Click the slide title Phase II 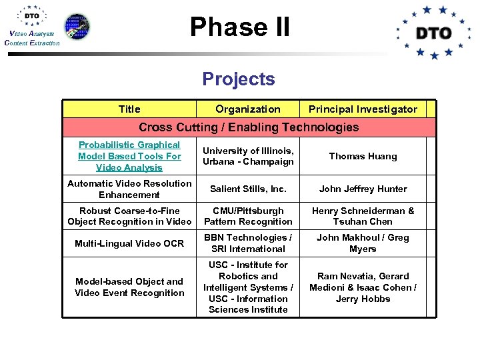240,27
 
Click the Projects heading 239,79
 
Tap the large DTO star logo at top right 433,32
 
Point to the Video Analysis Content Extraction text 31,38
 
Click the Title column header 129,109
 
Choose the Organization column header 248,109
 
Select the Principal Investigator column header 363,109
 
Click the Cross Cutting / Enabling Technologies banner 249,127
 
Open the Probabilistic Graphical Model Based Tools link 129,156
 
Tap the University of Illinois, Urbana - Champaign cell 248,156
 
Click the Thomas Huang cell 363,156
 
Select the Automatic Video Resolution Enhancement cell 129,189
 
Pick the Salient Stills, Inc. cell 248,189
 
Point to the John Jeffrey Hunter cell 363,189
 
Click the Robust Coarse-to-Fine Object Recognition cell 129,216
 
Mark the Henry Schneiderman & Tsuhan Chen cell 363,216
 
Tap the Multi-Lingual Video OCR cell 129,243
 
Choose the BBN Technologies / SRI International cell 248,243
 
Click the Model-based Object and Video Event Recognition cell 129,287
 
